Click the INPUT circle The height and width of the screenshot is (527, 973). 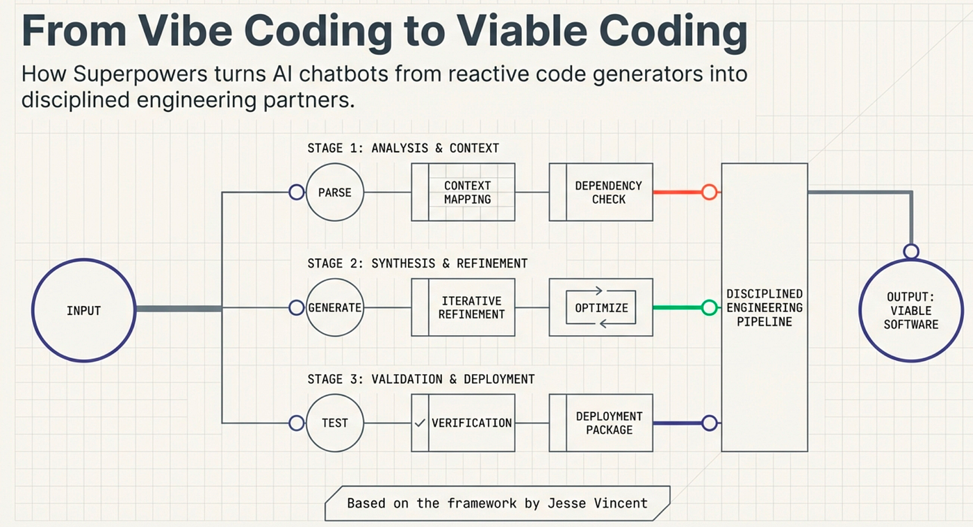tap(83, 310)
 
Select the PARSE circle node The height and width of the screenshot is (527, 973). tap(335, 192)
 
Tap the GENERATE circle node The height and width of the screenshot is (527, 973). tap(335, 307)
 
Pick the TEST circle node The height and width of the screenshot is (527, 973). tap(335, 423)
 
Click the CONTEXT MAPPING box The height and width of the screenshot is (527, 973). tap(463, 192)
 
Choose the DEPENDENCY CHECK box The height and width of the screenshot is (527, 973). tap(600, 192)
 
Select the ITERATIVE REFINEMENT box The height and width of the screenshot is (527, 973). tap(463, 307)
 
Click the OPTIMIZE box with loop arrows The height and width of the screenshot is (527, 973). tap(600, 307)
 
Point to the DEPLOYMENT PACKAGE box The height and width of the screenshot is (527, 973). tap(600, 423)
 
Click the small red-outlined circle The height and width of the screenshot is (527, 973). tap(709, 192)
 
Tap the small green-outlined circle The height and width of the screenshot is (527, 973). tap(709, 307)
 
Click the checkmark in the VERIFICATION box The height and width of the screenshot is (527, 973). tap(419, 423)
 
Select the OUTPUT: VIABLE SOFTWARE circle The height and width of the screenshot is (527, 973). tap(910, 310)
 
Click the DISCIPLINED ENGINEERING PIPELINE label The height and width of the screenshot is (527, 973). tap(764, 307)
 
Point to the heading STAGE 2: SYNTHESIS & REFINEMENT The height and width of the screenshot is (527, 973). tap(417, 263)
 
